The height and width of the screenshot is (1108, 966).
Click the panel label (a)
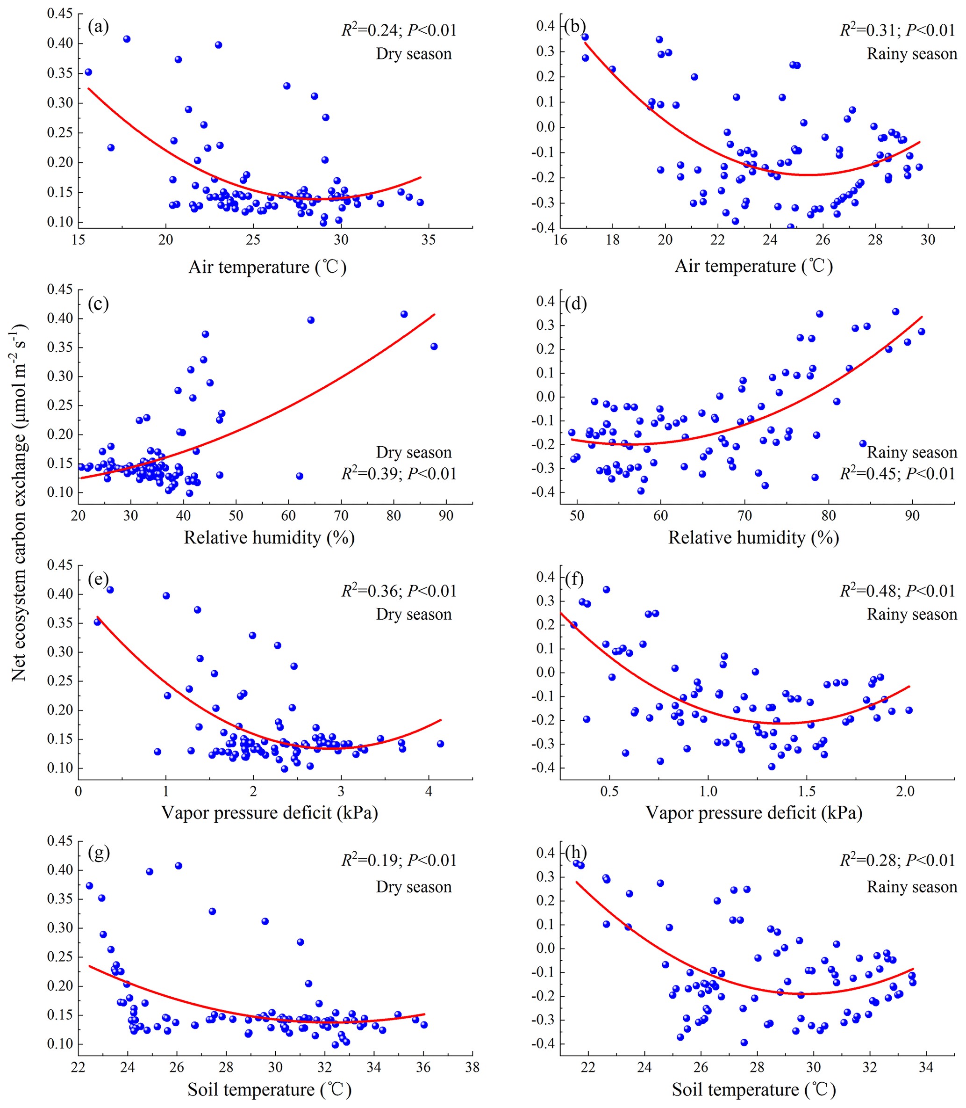pyautogui.click(x=98, y=27)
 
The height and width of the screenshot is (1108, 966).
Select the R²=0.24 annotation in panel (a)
pyautogui.click(x=399, y=30)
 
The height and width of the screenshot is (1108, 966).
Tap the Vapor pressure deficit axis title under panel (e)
pyautogui.click(x=270, y=812)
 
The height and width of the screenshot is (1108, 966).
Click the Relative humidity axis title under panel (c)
pyautogui.click(x=270, y=537)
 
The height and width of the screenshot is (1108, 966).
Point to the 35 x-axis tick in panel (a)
pyautogui.click(x=429, y=240)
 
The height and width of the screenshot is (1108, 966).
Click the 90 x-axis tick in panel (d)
pyautogui.click(x=912, y=515)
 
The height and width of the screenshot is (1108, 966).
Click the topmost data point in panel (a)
pyautogui.click(x=127, y=39)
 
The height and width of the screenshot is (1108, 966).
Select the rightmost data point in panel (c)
pyautogui.click(x=434, y=346)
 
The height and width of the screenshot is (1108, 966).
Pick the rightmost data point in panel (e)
pyautogui.click(x=440, y=744)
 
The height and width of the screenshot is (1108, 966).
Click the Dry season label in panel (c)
pyautogui.click(x=414, y=452)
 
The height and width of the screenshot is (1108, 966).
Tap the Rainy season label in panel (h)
pyautogui.click(x=912, y=887)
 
